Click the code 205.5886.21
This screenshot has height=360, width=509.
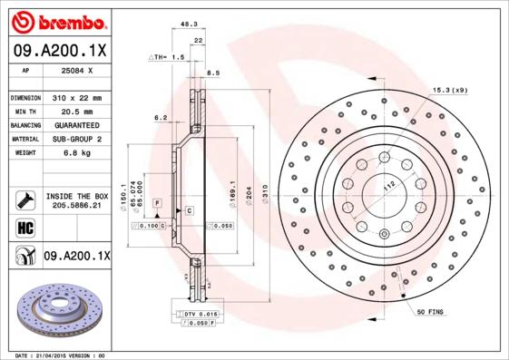(76, 206)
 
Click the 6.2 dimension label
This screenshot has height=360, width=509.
(160, 117)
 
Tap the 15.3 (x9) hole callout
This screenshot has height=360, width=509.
(450, 90)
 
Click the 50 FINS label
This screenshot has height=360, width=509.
(430, 312)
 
